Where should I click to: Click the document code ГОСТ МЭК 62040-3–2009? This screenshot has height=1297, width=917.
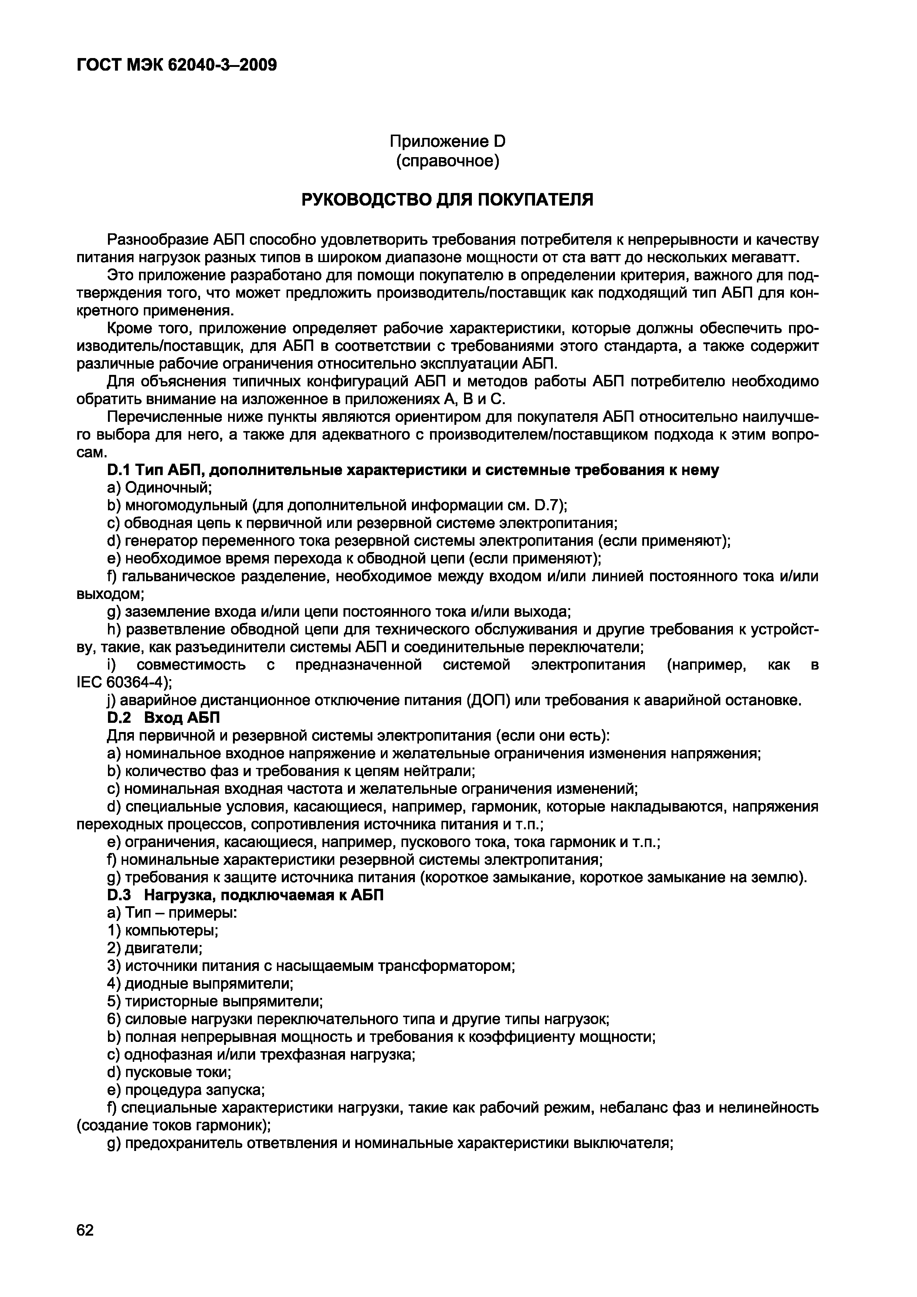click(176, 65)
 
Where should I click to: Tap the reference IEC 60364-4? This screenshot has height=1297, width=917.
click(121, 683)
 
